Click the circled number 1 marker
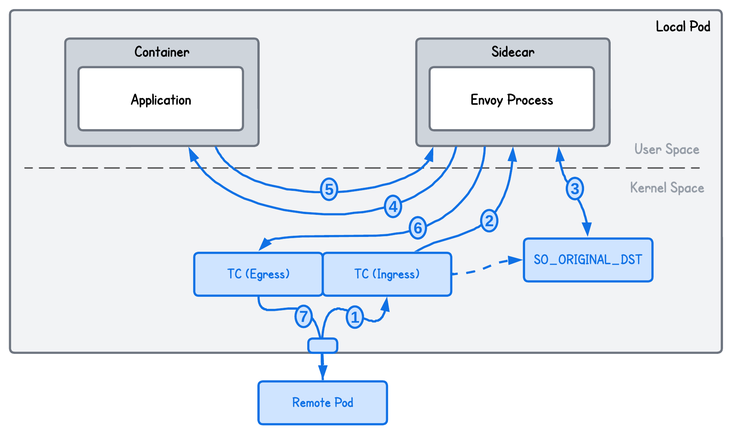pyautogui.click(x=354, y=317)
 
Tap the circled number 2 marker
pyautogui.click(x=489, y=221)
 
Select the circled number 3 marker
pyautogui.click(x=575, y=189)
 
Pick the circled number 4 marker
pyautogui.click(x=393, y=206)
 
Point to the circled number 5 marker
pyautogui.click(x=329, y=189)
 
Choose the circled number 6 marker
pyautogui.click(x=418, y=228)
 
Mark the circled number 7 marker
pyautogui.click(x=303, y=317)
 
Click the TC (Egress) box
pyautogui.click(x=258, y=274)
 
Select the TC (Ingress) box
pyautogui.click(x=387, y=274)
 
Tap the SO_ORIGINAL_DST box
pyautogui.click(x=588, y=260)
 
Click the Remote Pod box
pyautogui.click(x=322, y=403)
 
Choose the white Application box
pyautogui.click(x=161, y=99)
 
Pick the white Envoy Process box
pyautogui.click(x=512, y=99)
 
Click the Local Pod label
pyautogui.click(x=683, y=27)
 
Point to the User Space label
pyautogui.click(x=667, y=149)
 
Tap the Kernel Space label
pyautogui.click(x=667, y=188)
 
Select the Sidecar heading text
pyautogui.click(x=512, y=52)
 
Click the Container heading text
pyautogui.click(x=162, y=52)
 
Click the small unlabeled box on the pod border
pyautogui.click(x=322, y=345)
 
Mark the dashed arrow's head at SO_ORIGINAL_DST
pyautogui.click(x=516, y=260)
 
